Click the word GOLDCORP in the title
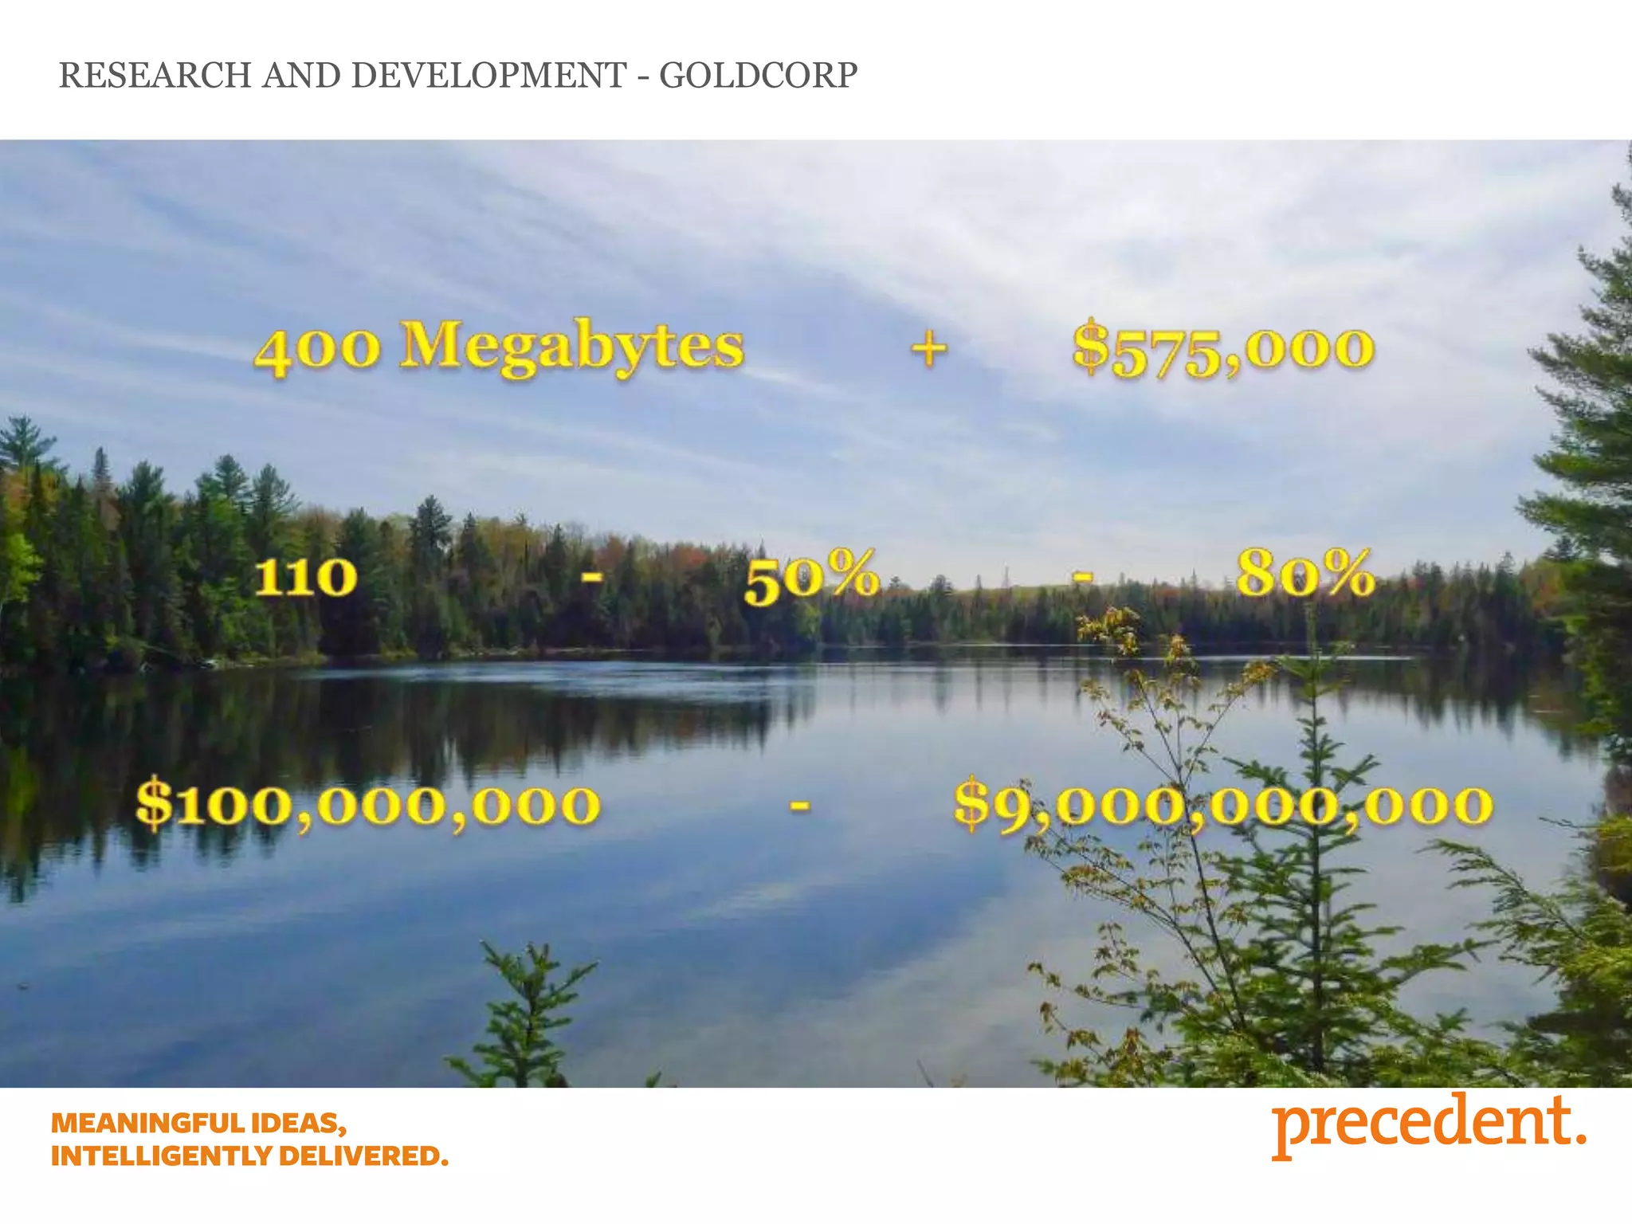[758, 76]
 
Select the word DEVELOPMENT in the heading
[488, 76]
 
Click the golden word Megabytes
[571, 348]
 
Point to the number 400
[317, 351]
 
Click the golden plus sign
[929, 349]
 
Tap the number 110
[305, 577]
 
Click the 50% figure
[811, 577]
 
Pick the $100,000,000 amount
[367, 805]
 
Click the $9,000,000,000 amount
[1223, 805]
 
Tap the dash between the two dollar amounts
[800, 806]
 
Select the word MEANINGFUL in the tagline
[149, 1124]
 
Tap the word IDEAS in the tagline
[299, 1124]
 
